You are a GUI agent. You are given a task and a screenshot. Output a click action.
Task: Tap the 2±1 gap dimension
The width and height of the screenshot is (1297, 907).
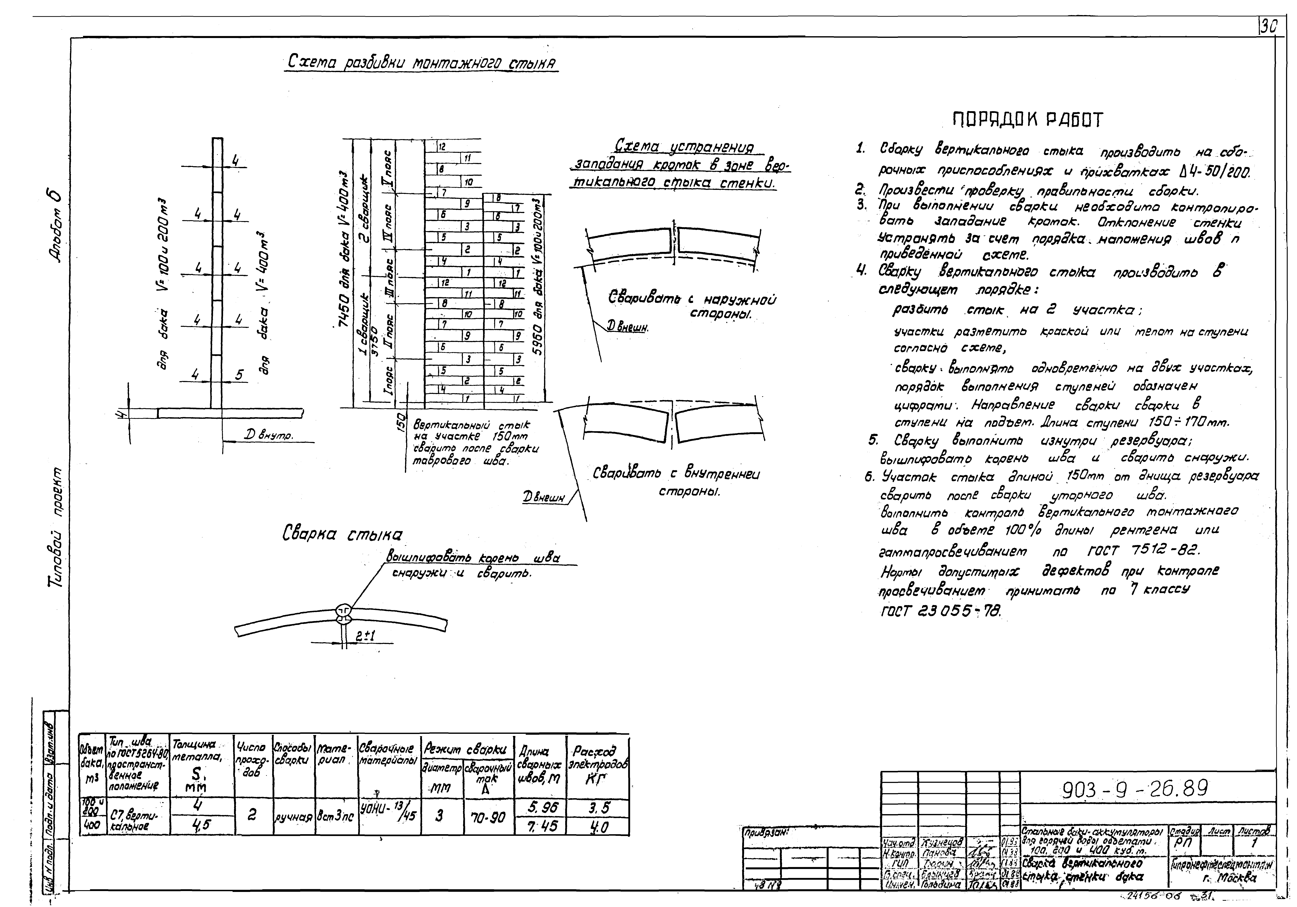click(366, 636)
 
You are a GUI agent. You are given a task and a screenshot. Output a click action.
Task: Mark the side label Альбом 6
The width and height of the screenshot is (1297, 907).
click(57, 224)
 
